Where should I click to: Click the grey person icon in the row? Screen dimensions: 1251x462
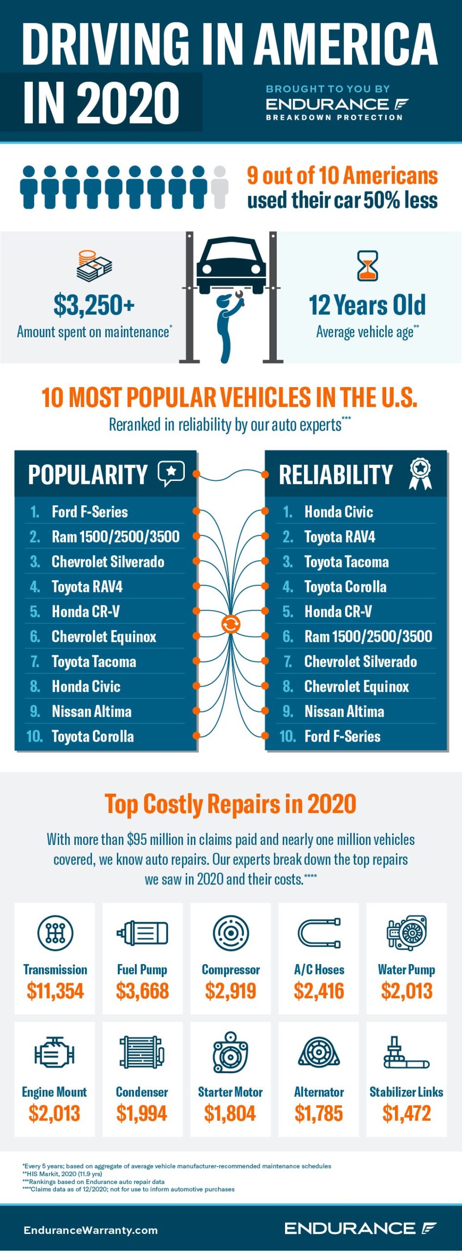coord(220,188)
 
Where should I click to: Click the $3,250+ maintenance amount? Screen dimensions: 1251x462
coord(94,305)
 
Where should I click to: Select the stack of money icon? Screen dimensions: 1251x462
coord(94,266)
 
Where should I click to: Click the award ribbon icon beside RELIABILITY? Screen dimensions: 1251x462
coord(420,474)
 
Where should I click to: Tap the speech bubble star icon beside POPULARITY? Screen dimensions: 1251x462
coord(171,473)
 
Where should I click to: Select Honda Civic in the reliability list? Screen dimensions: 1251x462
coord(338,512)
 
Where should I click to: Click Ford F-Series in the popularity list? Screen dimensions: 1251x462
coord(89,512)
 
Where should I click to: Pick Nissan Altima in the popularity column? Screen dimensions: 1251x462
coord(91,711)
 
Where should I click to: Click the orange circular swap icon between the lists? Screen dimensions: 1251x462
coord(231,624)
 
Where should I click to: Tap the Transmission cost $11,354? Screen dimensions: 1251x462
coord(55,991)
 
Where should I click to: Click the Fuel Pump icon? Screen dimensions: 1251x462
coord(142,933)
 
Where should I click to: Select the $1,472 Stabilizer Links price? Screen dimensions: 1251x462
coord(406,1113)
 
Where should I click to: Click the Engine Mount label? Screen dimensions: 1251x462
coord(54,1092)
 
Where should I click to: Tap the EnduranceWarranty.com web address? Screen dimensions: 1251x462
coord(90,1230)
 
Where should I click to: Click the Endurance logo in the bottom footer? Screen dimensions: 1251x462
coord(360,1228)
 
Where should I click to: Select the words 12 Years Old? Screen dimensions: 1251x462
coord(367,305)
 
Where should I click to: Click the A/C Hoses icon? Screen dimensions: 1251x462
coord(319,933)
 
